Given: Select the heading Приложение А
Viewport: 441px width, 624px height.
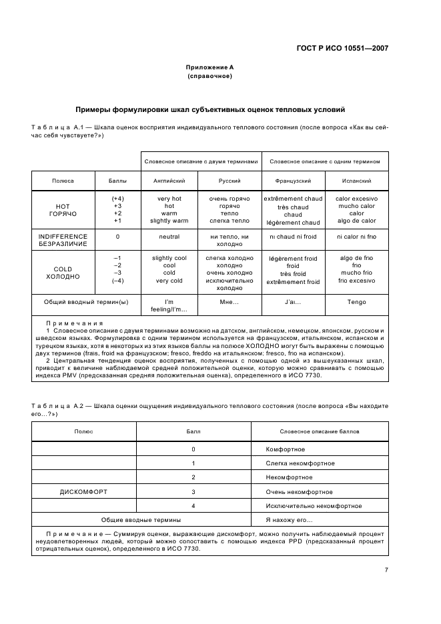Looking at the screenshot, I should (209, 68).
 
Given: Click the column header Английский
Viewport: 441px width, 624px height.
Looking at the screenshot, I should (164, 181).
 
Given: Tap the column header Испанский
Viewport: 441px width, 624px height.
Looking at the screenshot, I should (356, 181).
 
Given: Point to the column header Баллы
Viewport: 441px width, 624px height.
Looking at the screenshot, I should (117, 181).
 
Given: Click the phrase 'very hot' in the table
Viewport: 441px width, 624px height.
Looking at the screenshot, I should (169, 199).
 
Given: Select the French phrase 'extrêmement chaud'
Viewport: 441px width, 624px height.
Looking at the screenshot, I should (293, 199).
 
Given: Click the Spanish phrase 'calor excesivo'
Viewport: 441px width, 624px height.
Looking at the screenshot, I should (356, 199).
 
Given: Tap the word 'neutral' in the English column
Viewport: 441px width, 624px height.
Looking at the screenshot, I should (169, 236).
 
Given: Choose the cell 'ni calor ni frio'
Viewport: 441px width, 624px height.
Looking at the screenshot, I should (356, 236).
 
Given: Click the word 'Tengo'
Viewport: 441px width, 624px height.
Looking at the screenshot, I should (356, 302).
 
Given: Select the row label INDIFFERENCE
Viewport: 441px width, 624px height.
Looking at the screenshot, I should (63, 236).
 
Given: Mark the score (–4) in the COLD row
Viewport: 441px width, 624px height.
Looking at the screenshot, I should (117, 280).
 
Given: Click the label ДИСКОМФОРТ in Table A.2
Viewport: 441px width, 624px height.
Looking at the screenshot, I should (84, 492).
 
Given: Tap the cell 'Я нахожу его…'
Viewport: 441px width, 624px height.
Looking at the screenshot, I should (290, 519).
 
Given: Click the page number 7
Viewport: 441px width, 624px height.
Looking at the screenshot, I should (386, 570).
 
